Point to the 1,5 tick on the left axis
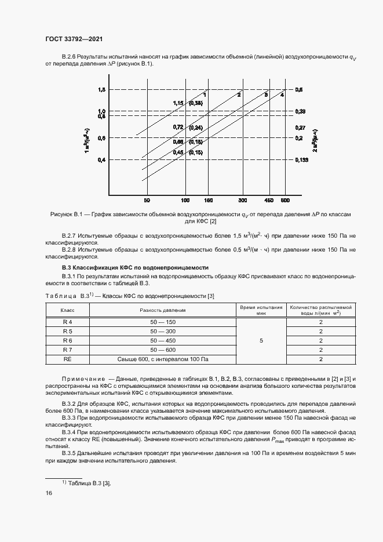(101, 90)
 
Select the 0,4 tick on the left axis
(101, 159)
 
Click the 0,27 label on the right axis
(300, 127)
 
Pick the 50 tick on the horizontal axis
(147, 200)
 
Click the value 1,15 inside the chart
(178, 103)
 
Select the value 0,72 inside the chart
(178, 127)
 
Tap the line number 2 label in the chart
(239, 94)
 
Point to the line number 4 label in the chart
(282, 94)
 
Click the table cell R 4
(67, 322)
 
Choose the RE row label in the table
(67, 359)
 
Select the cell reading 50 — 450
(163, 340)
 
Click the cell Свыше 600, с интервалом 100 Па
(163, 359)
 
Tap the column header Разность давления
(163, 310)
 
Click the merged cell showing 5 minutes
(261, 341)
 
